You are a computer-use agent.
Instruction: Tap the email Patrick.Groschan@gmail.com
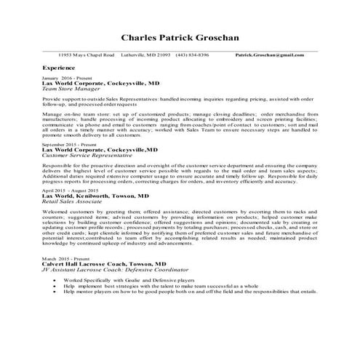click(x=270, y=55)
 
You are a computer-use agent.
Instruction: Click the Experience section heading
click(x=59, y=67)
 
